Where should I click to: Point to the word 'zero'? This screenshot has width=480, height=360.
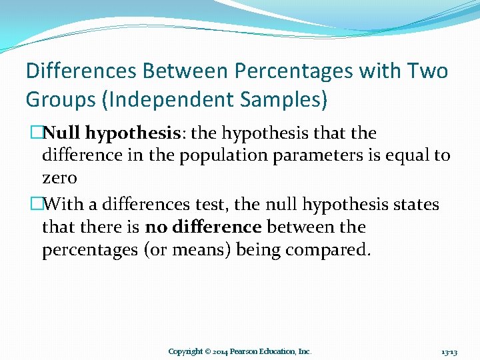59,178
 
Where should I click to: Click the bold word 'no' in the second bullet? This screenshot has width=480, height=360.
156,227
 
